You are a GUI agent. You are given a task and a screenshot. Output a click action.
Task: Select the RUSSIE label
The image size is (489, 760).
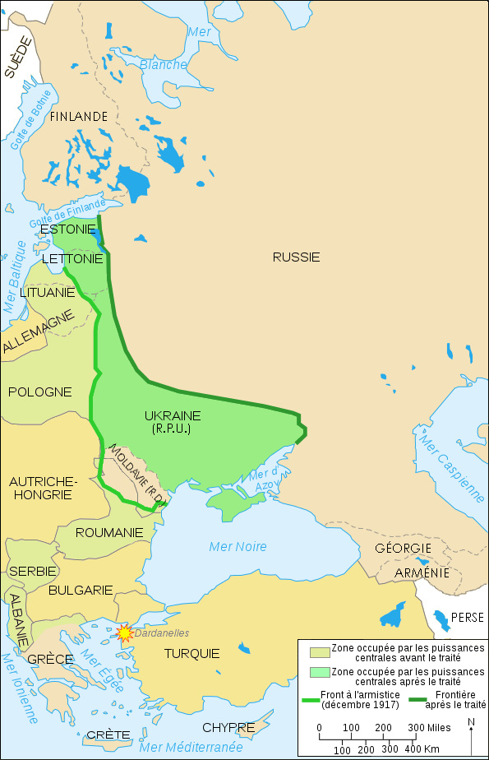point(296,257)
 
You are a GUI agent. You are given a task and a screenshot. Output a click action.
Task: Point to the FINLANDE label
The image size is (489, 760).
point(79,117)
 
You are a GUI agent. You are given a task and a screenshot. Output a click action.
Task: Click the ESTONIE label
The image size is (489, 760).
point(67,229)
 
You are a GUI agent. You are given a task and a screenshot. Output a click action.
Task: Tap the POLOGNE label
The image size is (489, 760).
point(40,392)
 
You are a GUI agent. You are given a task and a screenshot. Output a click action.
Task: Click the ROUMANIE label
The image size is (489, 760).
point(109,532)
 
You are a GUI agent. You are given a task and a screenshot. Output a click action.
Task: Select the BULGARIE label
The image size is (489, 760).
point(81,590)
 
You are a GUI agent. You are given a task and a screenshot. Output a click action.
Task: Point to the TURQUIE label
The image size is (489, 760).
point(191,654)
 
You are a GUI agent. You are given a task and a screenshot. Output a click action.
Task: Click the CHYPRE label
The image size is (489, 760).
point(228,727)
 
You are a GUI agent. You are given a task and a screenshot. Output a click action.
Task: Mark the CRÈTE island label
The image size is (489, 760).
point(108,734)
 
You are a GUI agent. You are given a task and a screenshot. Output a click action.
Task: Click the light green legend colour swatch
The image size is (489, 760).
point(315,672)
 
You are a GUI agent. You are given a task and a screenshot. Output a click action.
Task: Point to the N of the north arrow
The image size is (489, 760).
point(471,723)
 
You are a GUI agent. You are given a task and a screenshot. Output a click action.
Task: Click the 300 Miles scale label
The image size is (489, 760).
point(428,728)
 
